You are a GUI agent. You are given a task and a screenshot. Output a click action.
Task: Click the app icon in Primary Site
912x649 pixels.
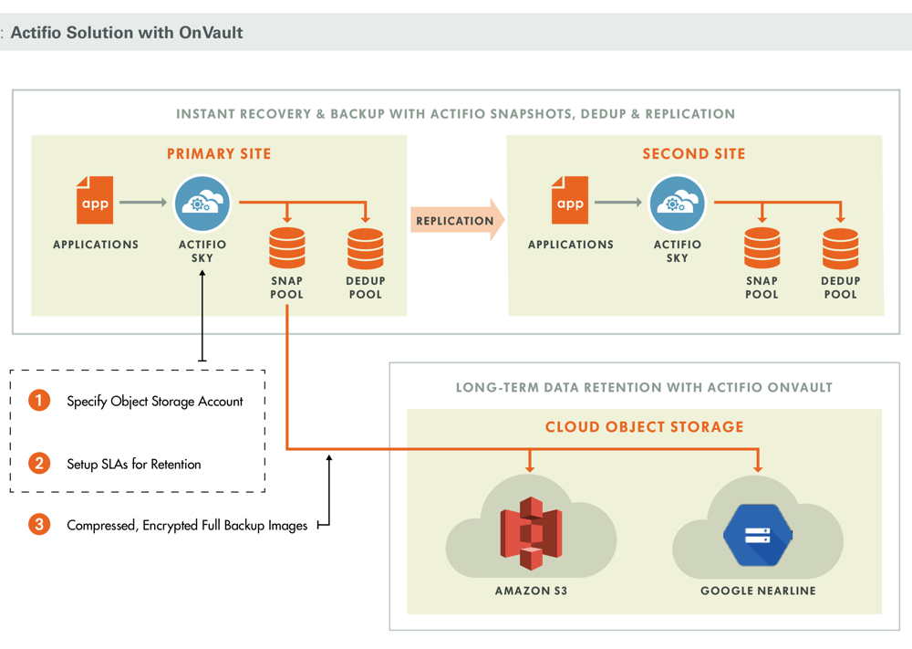pyautogui.click(x=95, y=200)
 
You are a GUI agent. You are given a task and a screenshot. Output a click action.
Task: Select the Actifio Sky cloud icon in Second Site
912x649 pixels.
pyautogui.click(x=677, y=204)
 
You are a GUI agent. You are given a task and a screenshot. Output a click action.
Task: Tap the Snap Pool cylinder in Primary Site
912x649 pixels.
pyautogui.click(x=286, y=248)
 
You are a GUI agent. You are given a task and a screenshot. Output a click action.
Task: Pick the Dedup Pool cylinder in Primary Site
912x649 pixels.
pyautogui.click(x=366, y=248)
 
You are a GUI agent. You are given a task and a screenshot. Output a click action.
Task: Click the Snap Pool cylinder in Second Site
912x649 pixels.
pyautogui.click(x=762, y=248)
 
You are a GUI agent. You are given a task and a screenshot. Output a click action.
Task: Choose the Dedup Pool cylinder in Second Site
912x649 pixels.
pyautogui.click(x=841, y=248)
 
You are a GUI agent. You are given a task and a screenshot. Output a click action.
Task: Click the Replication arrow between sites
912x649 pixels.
pyautogui.click(x=458, y=220)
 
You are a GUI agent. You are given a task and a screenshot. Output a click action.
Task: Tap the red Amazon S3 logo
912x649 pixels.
pyautogui.click(x=531, y=532)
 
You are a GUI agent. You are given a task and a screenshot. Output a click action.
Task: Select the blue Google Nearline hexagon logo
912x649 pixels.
pyautogui.click(x=757, y=535)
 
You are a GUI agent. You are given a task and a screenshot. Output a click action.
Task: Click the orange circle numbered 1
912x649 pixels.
pyautogui.click(x=39, y=400)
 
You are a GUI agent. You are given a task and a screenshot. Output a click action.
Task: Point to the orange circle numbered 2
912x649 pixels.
pyautogui.click(x=39, y=463)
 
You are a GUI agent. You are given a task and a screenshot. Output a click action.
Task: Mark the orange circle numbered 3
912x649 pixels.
pyautogui.click(x=39, y=524)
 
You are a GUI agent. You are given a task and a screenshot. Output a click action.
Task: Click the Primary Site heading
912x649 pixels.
pyautogui.click(x=219, y=153)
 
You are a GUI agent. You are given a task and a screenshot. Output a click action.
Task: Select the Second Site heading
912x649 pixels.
pyautogui.click(x=694, y=153)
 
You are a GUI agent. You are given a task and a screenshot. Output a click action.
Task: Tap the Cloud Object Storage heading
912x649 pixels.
pyautogui.click(x=645, y=426)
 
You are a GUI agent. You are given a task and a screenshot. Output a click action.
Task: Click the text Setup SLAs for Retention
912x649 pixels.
pyautogui.click(x=134, y=464)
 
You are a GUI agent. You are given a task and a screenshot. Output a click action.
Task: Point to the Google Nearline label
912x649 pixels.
pyautogui.click(x=758, y=591)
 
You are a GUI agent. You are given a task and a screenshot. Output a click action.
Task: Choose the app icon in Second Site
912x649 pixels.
pyautogui.click(x=570, y=200)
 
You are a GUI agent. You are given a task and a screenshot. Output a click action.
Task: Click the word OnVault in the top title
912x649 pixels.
pyautogui.click(x=212, y=33)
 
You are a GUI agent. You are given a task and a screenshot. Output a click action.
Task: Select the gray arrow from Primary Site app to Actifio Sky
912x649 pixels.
pyautogui.click(x=143, y=202)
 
